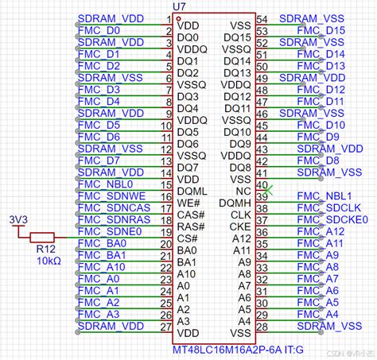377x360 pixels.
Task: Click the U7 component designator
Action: click(x=181, y=7)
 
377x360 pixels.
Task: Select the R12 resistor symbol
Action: click(x=41, y=237)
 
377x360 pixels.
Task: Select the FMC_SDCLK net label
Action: click(x=321, y=207)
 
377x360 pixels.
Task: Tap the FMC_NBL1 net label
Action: click(x=324, y=195)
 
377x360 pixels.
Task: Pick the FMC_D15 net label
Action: click(x=321, y=30)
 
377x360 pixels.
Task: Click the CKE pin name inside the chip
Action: click(x=240, y=226)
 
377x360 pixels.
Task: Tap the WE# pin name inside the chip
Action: click(x=188, y=203)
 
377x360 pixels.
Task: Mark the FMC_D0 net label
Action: click(x=102, y=30)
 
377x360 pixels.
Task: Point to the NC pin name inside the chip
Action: click(x=243, y=191)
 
